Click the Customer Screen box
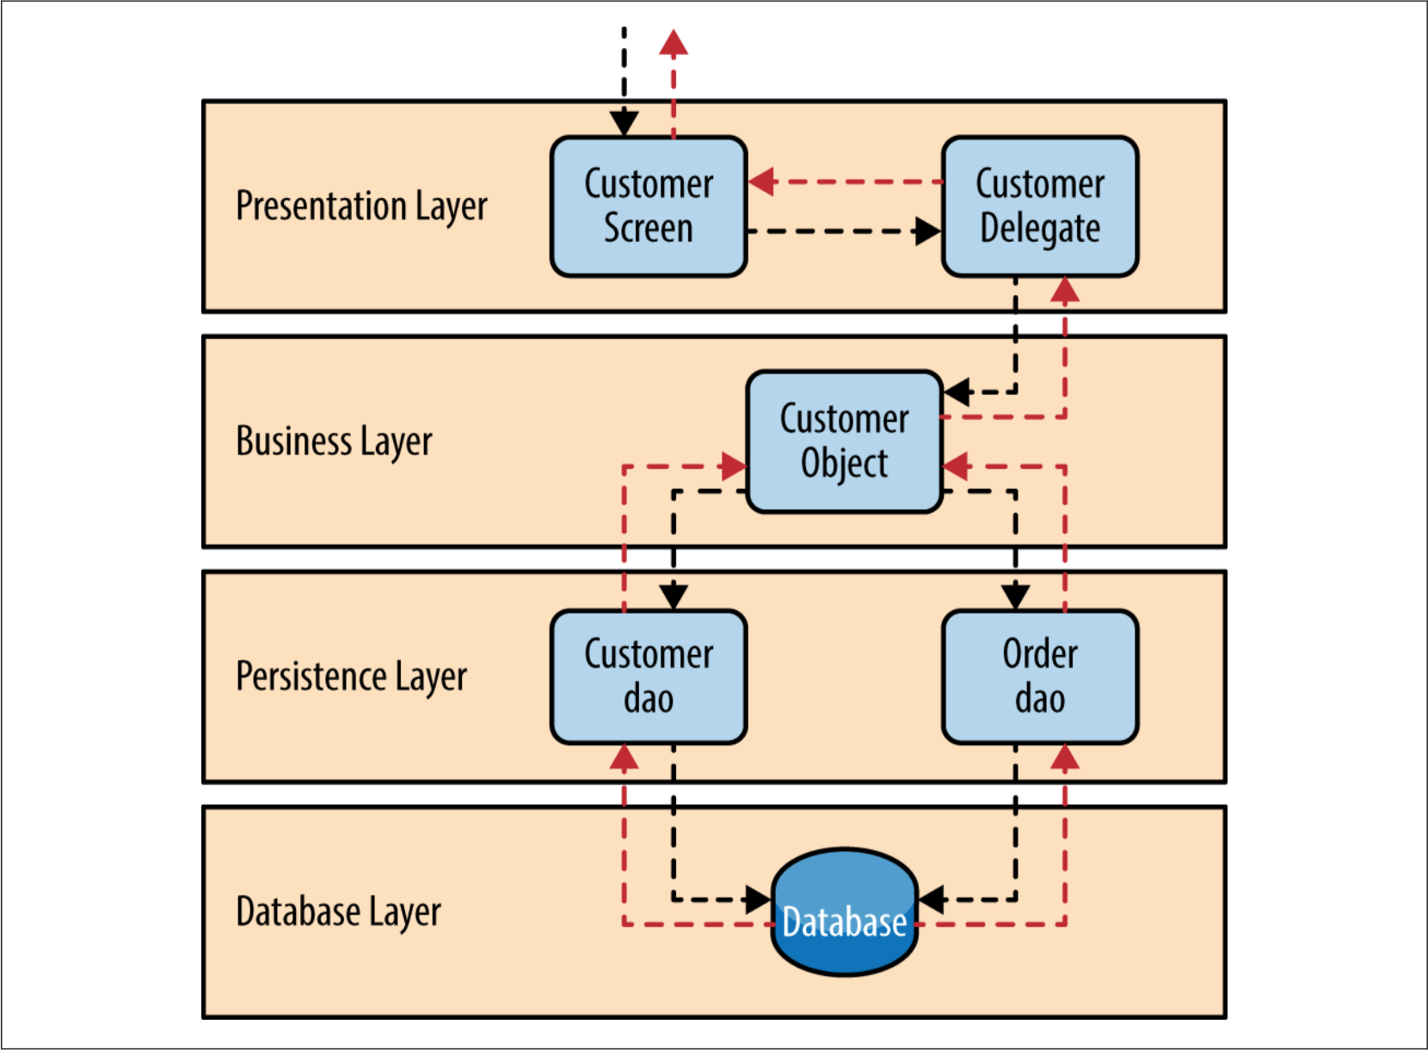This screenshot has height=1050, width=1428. pos(649,207)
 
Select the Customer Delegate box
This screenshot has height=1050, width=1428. pos(1040,207)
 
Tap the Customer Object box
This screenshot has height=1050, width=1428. pos(845,442)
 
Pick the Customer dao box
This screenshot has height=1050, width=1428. pos(649,676)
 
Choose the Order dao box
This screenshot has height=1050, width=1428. pos(1040,676)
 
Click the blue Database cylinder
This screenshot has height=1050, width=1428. pos(845,911)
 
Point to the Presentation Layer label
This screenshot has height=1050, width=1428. pos(361,207)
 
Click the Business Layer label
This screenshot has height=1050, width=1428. pos(334,442)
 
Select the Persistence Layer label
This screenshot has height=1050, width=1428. pos(351,676)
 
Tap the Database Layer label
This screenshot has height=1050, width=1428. pos(338,911)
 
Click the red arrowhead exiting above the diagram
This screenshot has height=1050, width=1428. pos(674,43)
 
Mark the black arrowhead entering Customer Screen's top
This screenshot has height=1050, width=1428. pos(625,123)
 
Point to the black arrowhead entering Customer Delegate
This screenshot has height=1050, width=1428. pos(927,232)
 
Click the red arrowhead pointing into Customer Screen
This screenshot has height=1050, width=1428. pos(762,182)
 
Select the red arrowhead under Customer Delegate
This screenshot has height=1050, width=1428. pos(1065,291)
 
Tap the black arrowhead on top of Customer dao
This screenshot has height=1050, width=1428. pos(674,596)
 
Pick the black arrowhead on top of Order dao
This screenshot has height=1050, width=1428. pos(1016,596)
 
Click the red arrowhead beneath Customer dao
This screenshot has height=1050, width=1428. pos(625,757)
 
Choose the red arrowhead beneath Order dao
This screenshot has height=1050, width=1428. pos(1065,757)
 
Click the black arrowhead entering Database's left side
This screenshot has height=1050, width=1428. pos(758,900)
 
